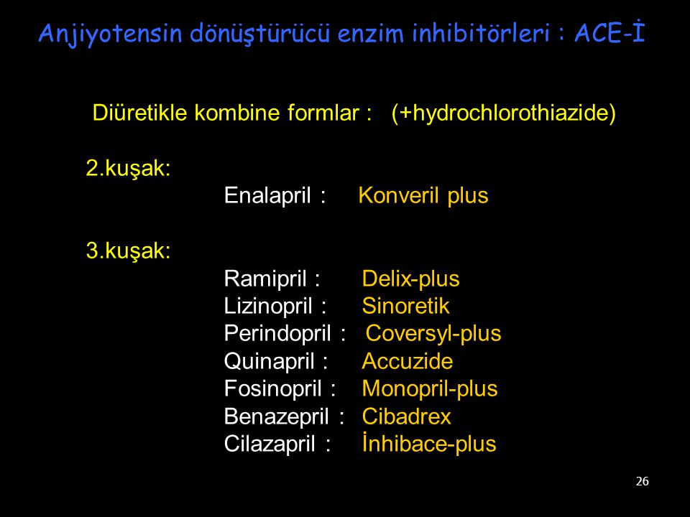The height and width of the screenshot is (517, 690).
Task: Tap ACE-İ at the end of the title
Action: pyautogui.click(x=609, y=32)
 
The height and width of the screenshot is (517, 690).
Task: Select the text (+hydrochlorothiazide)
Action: pyautogui.click(x=503, y=113)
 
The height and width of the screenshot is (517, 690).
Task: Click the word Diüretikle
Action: pyautogui.click(x=140, y=113)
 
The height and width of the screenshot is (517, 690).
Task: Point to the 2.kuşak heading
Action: pyautogui.click(x=128, y=168)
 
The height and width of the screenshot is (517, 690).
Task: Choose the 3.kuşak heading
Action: pyautogui.click(x=128, y=251)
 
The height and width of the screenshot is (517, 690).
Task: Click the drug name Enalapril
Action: pyautogui.click(x=267, y=195)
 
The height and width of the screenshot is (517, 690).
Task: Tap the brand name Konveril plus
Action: pyautogui.click(x=423, y=195)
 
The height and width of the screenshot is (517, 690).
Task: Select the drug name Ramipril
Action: pyautogui.click(x=265, y=279)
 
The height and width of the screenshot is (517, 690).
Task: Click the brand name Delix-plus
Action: pyautogui.click(x=410, y=279)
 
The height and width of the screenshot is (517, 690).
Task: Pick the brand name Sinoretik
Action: pyautogui.click(x=405, y=306)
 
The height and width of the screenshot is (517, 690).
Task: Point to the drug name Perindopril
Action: pyautogui.click(x=277, y=334)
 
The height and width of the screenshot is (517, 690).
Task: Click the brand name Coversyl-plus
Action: pyautogui.click(x=433, y=334)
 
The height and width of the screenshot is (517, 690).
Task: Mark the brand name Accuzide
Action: pyautogui.click(x=407, y=361)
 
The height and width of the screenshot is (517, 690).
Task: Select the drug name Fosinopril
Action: pyautogui.click(x=273, y=388)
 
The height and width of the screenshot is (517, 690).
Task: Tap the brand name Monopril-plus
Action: pyautogui.click(x=430, y=388)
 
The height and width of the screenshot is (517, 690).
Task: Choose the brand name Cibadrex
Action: pyautogui.click(x=406, y=416)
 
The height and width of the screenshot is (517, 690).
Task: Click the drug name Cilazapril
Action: pyautogui.click(x=270, y=444)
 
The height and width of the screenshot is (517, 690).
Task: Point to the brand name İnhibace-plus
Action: pyautogui.click(x=429, y=443)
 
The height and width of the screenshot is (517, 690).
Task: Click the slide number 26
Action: pyautogui.click(x=642, y=481)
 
